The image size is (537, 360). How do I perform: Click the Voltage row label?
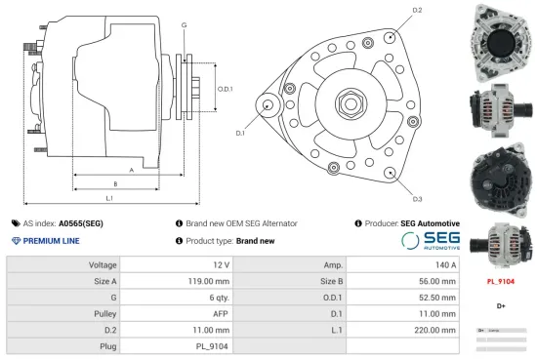coord(103,265)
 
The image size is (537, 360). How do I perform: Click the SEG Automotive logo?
coord(430,241)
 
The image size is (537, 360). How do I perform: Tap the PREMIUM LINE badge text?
coord(51,241)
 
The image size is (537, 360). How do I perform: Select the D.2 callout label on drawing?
coord(417,10)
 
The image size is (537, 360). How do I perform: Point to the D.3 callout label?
coord(417,199)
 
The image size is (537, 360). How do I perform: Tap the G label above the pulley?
coord(185,23)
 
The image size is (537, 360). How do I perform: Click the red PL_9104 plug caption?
coord(500,281)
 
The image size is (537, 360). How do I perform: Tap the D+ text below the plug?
coord(500,305)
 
